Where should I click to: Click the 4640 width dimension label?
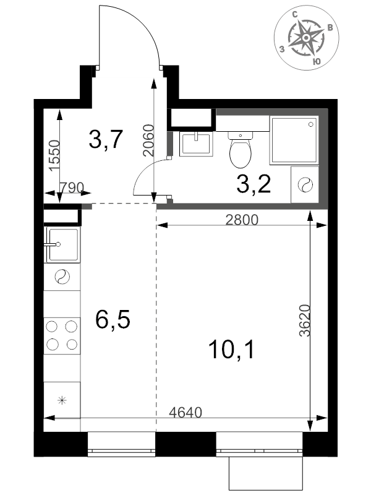point(185,412)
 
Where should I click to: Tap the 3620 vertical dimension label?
point(305,321)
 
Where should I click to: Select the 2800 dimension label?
point(242,220)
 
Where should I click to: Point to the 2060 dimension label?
point(148,140)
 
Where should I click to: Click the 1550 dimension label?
point(54,156)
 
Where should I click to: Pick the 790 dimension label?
point(72,187)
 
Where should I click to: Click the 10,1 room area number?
point(231,350)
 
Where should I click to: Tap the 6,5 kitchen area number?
point(113,319)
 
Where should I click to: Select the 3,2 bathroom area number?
point(254,184)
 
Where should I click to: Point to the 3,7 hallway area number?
point(105,139)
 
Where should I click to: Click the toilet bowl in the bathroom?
point(241,150)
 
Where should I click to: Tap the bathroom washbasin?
point(196,144)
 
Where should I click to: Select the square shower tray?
point(294,140)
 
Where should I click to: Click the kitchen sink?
point(64,244)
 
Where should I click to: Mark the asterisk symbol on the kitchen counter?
point(62,400)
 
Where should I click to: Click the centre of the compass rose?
point(305,38)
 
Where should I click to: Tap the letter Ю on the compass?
point(317,61)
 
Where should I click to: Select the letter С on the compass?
point(295,14)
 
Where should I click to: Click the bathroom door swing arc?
point(148,172)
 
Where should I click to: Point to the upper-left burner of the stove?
point(52,327)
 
